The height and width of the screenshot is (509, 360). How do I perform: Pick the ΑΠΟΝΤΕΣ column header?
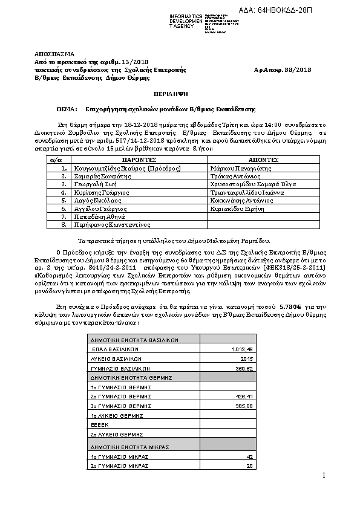[264, 159]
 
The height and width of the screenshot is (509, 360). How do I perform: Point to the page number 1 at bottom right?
[324, 475]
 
